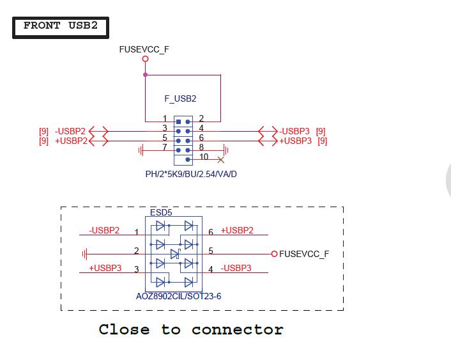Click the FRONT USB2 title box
tap(60, 27)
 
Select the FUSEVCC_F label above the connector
tap(144, 49)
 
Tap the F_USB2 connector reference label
tap(181, 99)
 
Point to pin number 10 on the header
tap(204, 157)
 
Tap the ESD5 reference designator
tap(160, 212)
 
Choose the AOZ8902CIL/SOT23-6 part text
tap(174, 296)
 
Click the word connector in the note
tap(237, 330)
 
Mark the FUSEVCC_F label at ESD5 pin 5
tap(304, 254)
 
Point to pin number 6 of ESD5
tap(211, 232)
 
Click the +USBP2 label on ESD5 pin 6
tap(237, 230)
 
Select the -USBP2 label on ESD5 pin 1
tap(104, 230)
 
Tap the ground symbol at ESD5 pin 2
tap(85, 254)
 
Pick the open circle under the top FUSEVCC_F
tap(145, 59)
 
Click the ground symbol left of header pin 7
tap(141, 150)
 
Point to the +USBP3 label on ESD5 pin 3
tap(105, 268)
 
